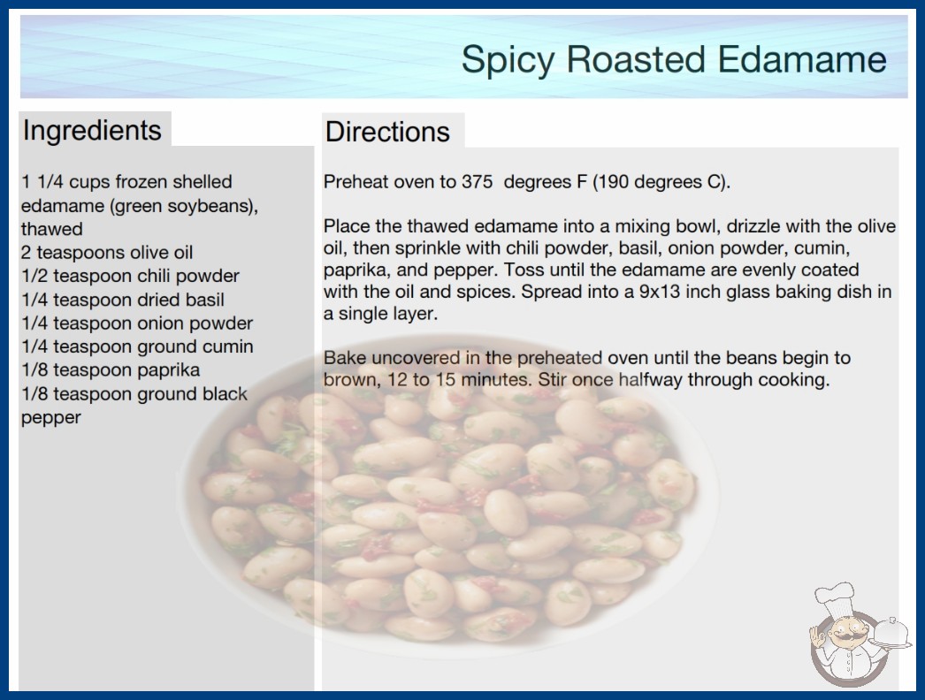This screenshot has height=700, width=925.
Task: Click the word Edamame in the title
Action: point(802,59)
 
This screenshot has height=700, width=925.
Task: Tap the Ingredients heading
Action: point(92,130)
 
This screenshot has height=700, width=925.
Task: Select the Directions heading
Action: point(387,132)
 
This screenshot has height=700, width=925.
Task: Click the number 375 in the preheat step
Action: point(478,182)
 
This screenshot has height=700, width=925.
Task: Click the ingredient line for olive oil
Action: point(107,253)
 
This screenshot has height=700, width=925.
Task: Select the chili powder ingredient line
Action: point(130,276)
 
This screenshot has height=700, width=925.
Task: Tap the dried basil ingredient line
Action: point(123,300)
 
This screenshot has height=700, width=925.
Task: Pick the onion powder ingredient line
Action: point(137,323)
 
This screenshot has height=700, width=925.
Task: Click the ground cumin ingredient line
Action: point(137,346)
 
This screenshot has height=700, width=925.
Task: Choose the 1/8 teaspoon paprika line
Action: point(111,370)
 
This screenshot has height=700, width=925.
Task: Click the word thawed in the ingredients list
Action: point(52,229)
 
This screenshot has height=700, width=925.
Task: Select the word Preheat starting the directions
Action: point(355,182)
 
